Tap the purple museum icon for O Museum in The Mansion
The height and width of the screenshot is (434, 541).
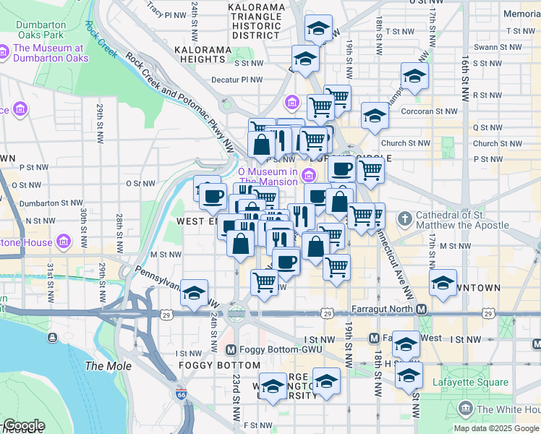click(310, 174)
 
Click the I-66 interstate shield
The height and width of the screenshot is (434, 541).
click(181, 395)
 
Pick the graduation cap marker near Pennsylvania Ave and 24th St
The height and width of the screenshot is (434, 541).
click(194, 292)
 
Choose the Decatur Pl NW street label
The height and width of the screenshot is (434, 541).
click(237, 80)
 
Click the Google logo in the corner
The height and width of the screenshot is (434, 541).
click(23, 425)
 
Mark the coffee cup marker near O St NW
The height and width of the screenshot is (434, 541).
click(212, 195)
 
